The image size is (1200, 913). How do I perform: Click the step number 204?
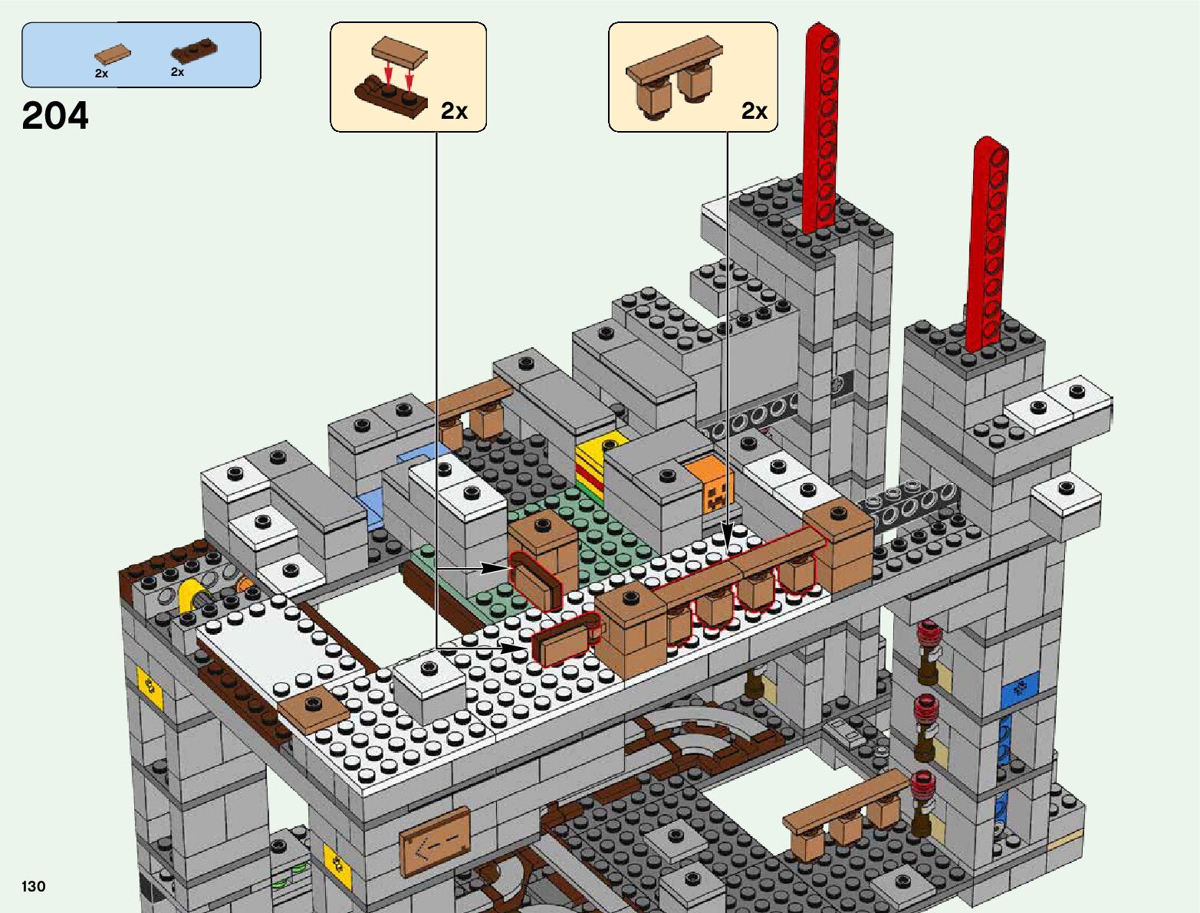coord(55,116)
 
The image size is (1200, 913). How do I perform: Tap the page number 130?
coord(34,886)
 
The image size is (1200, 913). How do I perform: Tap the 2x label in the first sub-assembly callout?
coord(454,112)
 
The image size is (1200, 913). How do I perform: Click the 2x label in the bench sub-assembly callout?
coord(755,112)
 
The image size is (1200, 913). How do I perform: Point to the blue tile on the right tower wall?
coord(1019,689)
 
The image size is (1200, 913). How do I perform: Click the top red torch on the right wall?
coord(929,634)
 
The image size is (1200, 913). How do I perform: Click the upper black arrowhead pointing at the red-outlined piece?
coord(495,568)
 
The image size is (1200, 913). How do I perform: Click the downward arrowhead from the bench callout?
coord(727,532)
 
